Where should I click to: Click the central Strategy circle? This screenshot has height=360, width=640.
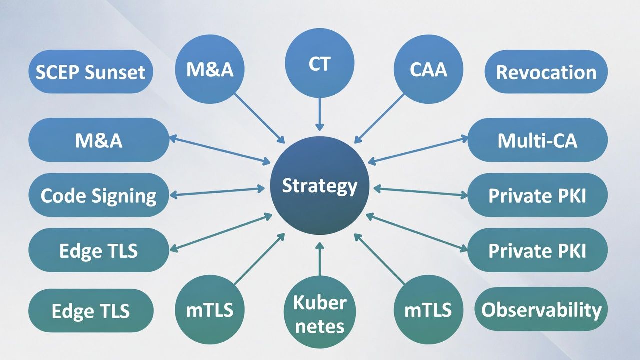[320, 185]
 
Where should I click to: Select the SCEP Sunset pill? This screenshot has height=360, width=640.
[90, 72]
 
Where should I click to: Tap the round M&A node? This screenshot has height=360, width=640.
[210, 69]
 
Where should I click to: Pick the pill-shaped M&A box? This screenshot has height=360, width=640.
[99, 140]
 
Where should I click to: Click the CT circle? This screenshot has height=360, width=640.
[320, 63]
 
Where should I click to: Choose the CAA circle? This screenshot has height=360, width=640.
[428, 69]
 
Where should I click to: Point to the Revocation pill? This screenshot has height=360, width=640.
[546, 72]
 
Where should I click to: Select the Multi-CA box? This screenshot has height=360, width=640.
[537, 140]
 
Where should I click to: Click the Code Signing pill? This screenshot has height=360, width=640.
[99, 195]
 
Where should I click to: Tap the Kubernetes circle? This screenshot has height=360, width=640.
[320, 314]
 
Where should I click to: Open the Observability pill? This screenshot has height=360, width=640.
[541, 309]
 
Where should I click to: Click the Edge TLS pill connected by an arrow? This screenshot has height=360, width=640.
[99, 250]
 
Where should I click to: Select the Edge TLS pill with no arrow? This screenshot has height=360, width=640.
[90, 310]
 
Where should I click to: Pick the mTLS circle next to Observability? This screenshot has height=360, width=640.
[428, 309]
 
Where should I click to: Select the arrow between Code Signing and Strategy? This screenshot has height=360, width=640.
[218, 191]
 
